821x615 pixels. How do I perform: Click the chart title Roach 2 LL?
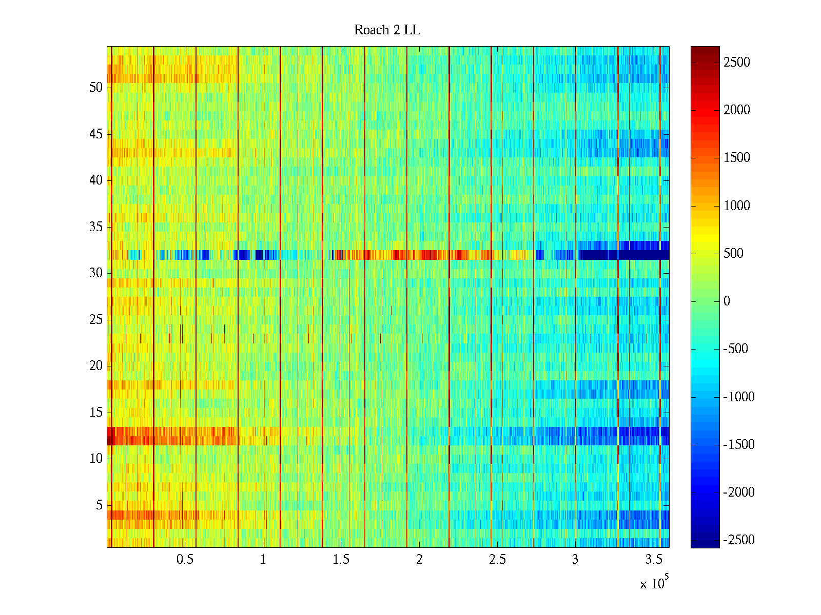pyautogui.click(x=387, y=30)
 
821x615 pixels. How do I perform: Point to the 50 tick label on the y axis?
pyautogui.click(x=96, y=87)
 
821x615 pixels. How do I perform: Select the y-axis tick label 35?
pyautogui.click(x=96, y=227)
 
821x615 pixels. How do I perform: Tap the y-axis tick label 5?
pyautogui.click(x=99, y=505)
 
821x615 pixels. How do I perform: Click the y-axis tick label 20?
pyautogui.click(x=96, y=366)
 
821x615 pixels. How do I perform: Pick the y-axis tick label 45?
pyautogui.click(x=96, y=134)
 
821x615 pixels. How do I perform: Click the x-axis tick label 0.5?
pyautogui.click(x=185, y=559)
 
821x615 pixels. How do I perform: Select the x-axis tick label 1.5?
pyautogui.click(x=341, y=559)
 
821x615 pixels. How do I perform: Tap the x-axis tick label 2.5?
pyautogui.click(x=497, y=559)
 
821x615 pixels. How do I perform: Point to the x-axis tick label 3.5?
pyautogui.click(x=653, y=559)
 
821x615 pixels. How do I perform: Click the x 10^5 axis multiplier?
pyautogui.click(x=654, y=583)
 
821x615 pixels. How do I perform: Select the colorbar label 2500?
pyautogui.click(x=736, y=63)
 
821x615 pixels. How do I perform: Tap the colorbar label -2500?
pyautogui.click(x=739, y=540)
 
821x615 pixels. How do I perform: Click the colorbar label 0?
pyautogui.click(x=727, y=301)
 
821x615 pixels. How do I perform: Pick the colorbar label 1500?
pyautogui.click(x=736, y=158)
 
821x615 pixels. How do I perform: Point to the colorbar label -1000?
pyautogui.click(x=739, y=397)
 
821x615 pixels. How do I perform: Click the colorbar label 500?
pyautogui.click(x=733, y=253)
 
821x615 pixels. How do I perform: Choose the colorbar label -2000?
pyautogui.click(x=739, y=492)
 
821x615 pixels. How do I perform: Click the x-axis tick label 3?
pyautogui.click(x=575, y=559)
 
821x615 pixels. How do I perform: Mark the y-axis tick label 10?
pyautogui.click(x=96, y=459)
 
